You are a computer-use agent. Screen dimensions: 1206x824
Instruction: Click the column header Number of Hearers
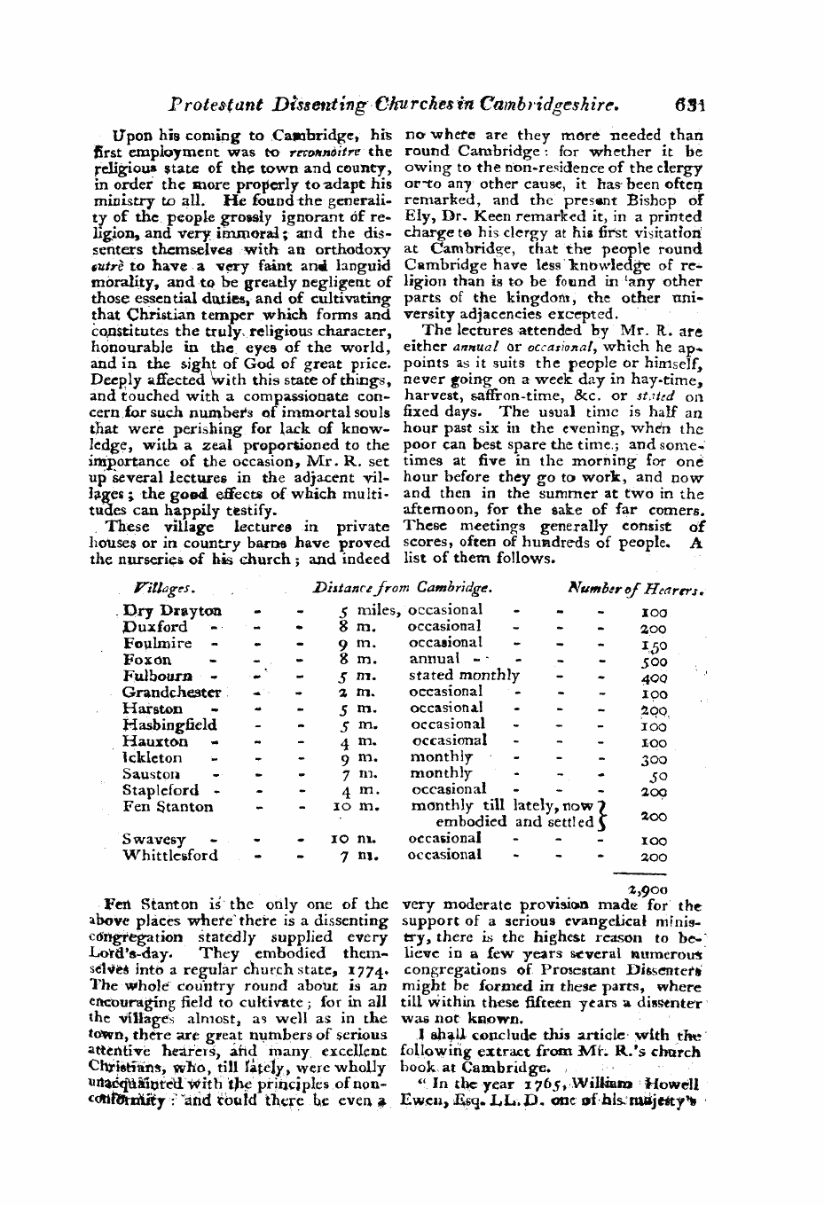click(636, 588)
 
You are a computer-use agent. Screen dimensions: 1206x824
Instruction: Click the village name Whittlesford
click(169, 856)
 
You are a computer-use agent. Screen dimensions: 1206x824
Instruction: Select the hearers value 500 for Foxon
click(654, 662)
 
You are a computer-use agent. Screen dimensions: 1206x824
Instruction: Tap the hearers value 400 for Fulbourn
click(654, 678)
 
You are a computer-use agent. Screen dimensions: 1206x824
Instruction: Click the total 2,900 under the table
click(653, 889)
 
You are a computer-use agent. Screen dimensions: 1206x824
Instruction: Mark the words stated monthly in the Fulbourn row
click(464, 676)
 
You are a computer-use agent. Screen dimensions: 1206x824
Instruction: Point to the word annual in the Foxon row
click(435, 659)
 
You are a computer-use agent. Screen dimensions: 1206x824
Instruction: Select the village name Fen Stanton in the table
click(168, 807)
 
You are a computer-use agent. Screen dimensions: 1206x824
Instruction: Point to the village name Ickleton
click(153, 758)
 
